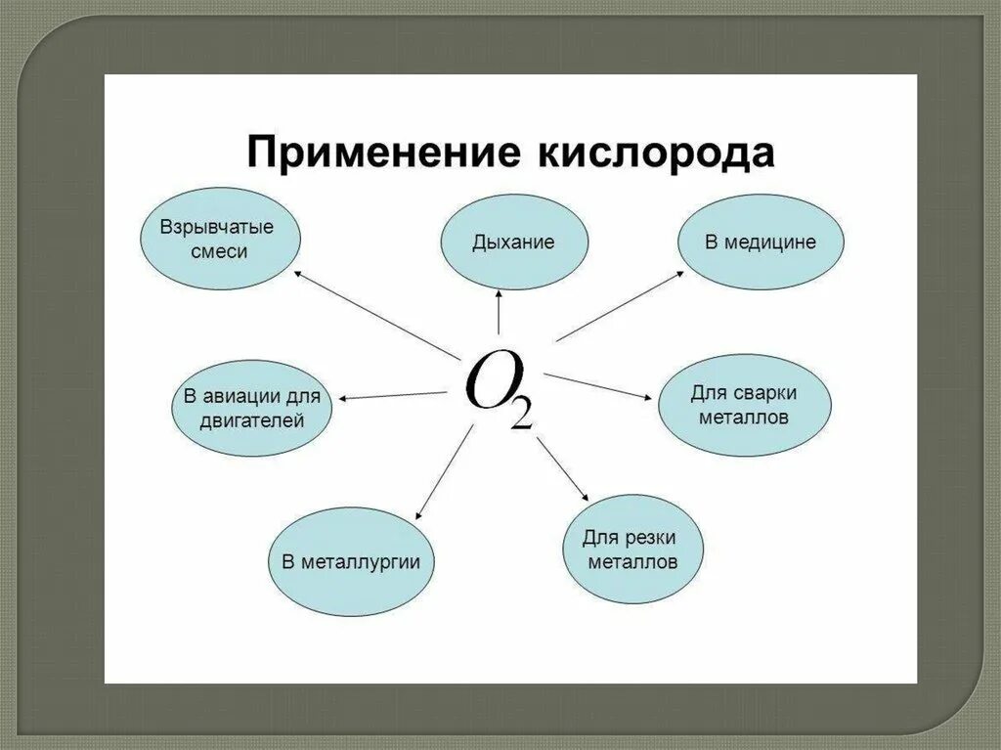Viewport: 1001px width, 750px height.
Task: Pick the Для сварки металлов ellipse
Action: [744, 405]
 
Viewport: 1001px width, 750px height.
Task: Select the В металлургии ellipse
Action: [351, 561]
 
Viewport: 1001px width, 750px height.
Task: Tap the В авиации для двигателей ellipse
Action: [252, 409]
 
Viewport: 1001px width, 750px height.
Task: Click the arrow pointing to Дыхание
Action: [500, 314]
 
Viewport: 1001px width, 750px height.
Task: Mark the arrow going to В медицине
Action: [621, 306]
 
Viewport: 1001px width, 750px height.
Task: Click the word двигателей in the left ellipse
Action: [252, 421]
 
